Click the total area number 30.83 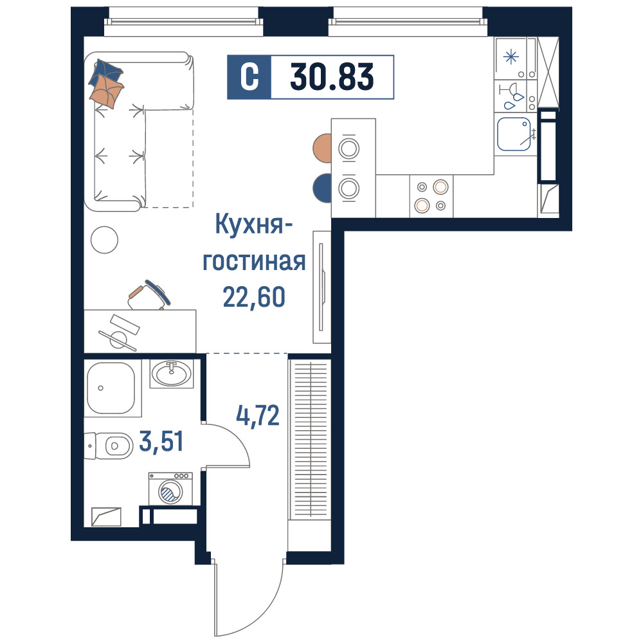click(332, 77)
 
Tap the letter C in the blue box click(249, 77)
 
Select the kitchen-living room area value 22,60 click(254, 297)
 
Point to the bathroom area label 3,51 click(161, 442)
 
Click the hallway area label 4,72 click(258, 415)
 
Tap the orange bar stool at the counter click(322, 148)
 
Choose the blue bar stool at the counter click(322, 188)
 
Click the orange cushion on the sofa click(107, 91)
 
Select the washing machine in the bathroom click(170, 489)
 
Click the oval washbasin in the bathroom click(172, 373)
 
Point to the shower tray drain click(101, 388)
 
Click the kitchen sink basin click(514, 134)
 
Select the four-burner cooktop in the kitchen click(431, 196)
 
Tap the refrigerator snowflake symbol click(511, 57)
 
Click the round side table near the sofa click(104, 240)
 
